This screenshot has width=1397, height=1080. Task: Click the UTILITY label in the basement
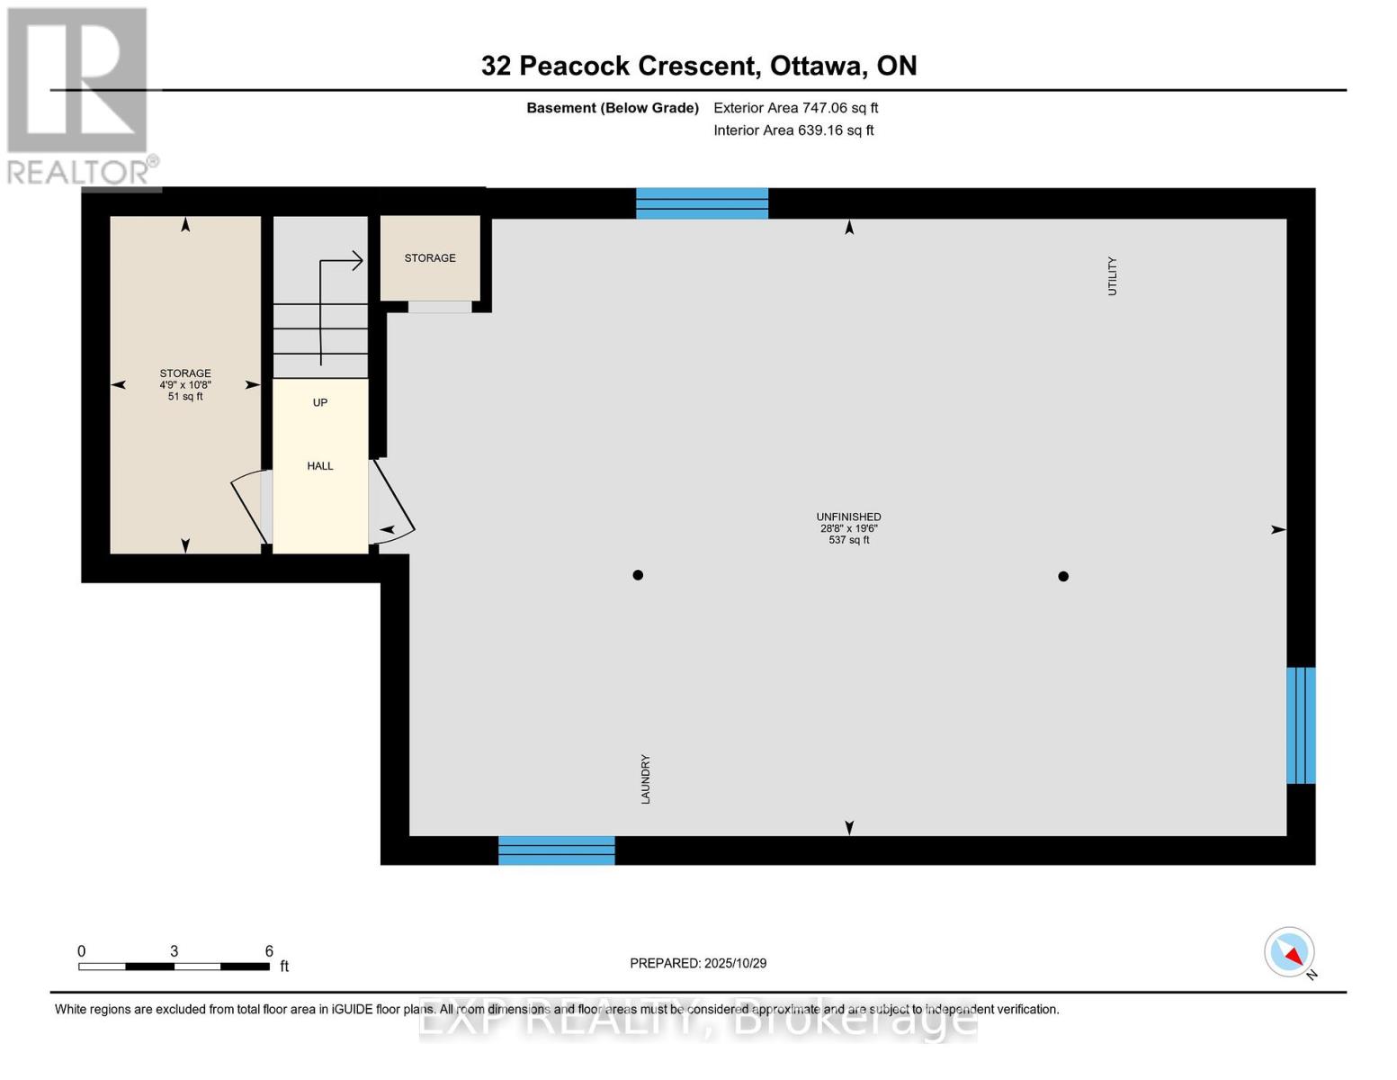[x=1112, y=276]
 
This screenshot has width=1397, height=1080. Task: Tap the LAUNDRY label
[x=646, y=779]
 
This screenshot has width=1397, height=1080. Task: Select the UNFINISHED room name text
[x=848, y=517]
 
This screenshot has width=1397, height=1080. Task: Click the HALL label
[x=320, y=465]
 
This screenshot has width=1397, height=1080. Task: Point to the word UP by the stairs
[x=320, y=402]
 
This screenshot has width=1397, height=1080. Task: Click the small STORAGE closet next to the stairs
[x=430, y=258]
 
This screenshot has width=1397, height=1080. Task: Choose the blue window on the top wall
[x=702, y=203]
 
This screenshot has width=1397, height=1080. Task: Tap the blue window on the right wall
[x=1302, y=725]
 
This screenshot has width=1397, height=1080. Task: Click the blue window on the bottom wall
[x=557, y=850]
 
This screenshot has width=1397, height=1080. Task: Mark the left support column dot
[x=638, y=575]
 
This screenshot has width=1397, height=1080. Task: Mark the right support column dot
[x=1063, y=576]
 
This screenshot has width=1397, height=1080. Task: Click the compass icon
[x=1289, y=952]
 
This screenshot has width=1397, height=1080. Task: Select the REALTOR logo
[x=80, y=96]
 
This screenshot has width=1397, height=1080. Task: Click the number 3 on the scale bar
[x=175, y=950]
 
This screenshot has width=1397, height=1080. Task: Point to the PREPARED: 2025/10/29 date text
[x=698, y=963]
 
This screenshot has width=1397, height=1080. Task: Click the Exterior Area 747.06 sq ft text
[x=796, y=108]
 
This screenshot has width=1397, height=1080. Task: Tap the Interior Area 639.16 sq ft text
[x=794, y=130]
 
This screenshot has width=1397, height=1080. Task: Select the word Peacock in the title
[x=575, y=66]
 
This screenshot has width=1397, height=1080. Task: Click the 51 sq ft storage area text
[x=185, y=396]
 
